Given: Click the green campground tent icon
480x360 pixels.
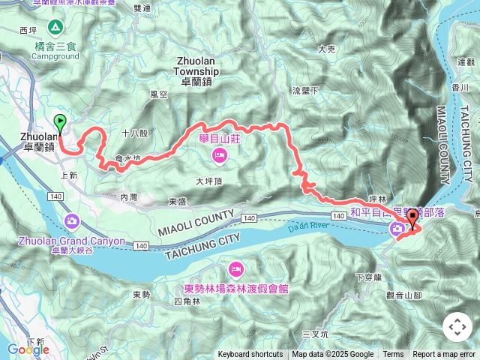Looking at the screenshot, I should [55, 28].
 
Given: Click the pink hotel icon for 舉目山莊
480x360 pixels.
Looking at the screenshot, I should [219, 155].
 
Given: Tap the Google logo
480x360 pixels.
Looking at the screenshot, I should [28, 349].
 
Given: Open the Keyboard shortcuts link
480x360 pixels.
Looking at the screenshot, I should [250, 355].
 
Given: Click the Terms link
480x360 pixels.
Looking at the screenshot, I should [393, 355].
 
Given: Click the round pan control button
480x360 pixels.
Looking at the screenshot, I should [457, 327].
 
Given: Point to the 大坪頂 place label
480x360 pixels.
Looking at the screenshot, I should [209, 181].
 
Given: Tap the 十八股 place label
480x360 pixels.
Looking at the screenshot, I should [135, 133].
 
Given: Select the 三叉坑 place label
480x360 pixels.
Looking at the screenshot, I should [316, 332].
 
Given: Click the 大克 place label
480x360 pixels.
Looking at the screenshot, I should [325, 49].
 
